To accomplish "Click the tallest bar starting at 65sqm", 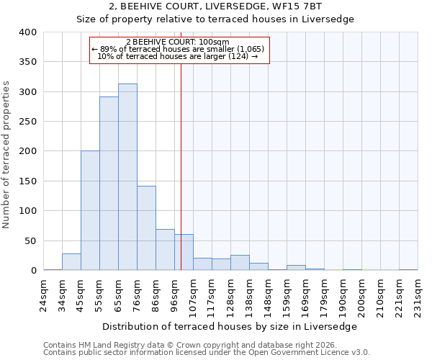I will [127, 177].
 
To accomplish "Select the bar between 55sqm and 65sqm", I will [109, 184].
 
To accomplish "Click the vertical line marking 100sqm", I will [181, 166].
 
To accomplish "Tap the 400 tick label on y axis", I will [27, 32].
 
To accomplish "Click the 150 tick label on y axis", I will [27, 181].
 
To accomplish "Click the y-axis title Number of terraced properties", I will [7, 155].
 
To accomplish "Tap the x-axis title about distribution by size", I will [234, 326].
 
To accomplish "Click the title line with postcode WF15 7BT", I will [216, 6].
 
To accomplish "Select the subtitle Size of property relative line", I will [216, 19].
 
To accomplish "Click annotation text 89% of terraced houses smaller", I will [179, 49].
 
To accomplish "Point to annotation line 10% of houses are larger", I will [177, 56].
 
